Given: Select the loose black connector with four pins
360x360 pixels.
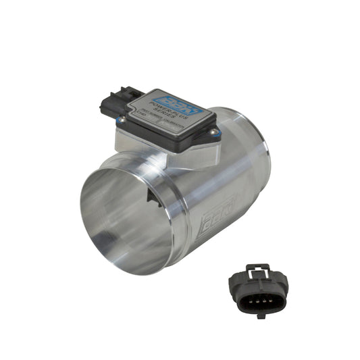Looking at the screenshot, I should pyautogui.click(x=257, y=292).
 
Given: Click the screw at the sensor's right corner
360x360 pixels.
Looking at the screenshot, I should pyautogui.click(x=213, y=132).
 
